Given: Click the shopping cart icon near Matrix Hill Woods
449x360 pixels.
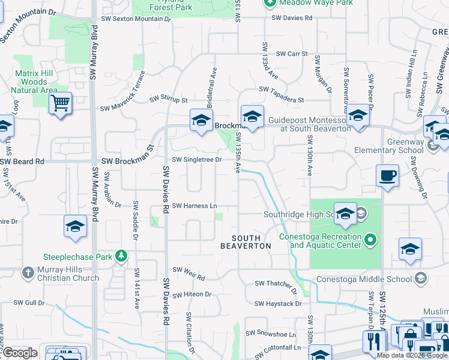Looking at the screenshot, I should (60, 103).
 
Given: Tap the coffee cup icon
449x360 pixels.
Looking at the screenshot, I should (387, 176).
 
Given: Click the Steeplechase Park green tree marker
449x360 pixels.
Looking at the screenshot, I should (121, 256).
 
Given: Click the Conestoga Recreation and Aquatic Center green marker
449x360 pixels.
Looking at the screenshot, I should (370, 241).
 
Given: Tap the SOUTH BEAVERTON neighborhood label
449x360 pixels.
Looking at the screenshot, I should (246, 242).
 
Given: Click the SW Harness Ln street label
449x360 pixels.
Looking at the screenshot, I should (194, 206).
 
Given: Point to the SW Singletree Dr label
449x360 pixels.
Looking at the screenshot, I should (197, 160).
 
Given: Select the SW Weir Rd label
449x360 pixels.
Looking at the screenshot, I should (188, 278).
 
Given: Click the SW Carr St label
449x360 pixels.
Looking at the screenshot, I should (292, 54).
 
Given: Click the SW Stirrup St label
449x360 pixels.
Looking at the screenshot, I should (169, 99).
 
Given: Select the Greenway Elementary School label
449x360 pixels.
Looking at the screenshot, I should (389, 150).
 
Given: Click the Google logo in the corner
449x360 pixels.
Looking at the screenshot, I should (19, 353).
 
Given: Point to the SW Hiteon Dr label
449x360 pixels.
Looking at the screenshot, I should (192, 295).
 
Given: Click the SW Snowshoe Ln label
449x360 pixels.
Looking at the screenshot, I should (271, 333).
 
